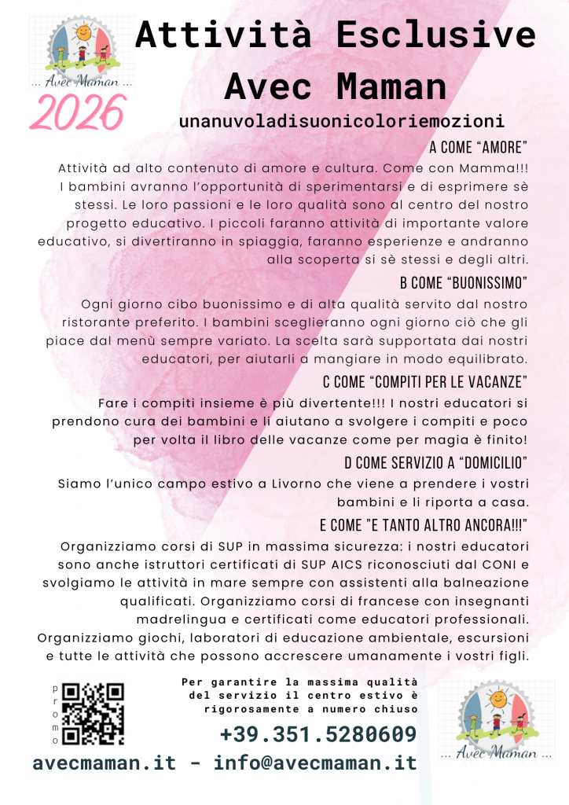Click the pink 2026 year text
point(77,112)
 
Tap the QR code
point(93,714)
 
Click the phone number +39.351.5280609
point(318,735)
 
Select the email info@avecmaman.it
point(315,763)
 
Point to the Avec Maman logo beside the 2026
point(81,51)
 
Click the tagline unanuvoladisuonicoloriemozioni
point(341,122)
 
